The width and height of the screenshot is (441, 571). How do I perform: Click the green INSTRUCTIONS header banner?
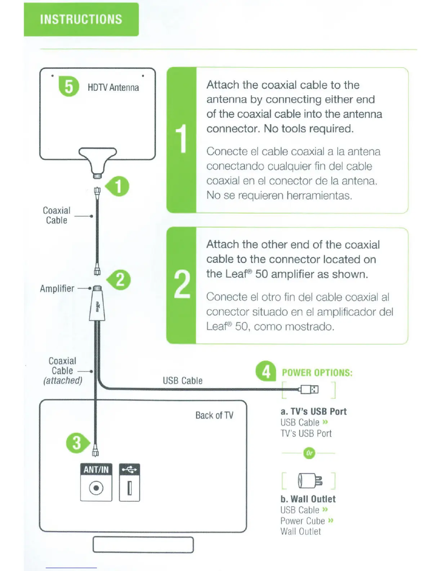(81, 19)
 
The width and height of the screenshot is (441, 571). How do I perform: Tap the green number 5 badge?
(68, 87)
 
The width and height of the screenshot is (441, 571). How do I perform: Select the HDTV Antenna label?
(113, 88)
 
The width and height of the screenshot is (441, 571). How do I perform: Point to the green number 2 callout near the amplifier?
(120, 280)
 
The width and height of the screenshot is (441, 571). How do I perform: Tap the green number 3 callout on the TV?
(76, 443)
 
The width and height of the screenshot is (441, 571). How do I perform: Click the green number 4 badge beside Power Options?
(266, 371)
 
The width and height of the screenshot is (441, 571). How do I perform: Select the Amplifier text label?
(57, 288)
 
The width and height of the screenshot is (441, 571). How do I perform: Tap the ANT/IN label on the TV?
(96, 469)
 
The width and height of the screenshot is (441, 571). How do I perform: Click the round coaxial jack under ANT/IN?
(96, 488)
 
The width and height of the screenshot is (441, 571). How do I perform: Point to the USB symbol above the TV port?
(129, 469)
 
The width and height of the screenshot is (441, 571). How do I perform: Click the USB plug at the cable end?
(309, 389)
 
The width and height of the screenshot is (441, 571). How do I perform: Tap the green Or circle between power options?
(309, 453)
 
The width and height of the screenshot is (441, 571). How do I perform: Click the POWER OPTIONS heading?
(317, 373)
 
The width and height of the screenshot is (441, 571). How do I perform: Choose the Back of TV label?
(214, 415)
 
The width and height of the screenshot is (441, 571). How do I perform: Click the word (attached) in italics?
(63, 381)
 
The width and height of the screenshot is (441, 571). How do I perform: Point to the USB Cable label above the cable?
(183, 381)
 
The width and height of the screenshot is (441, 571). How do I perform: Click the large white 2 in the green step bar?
(182, 285)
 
